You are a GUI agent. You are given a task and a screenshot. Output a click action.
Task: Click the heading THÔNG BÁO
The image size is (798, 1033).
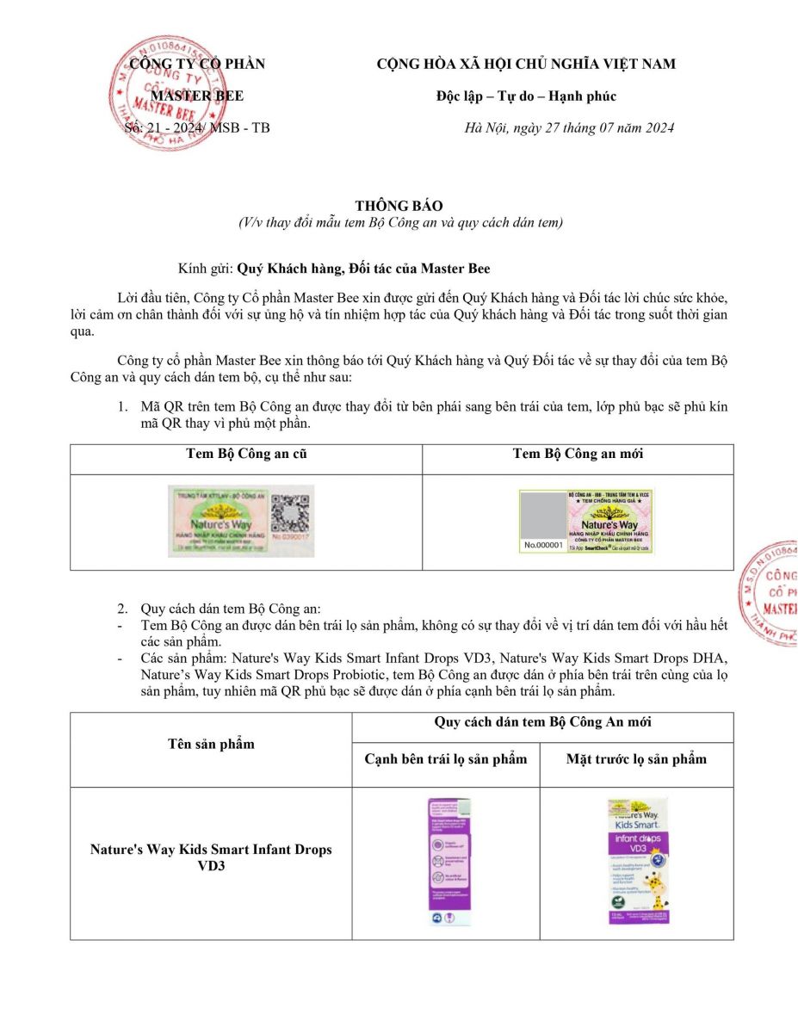click(399, 206)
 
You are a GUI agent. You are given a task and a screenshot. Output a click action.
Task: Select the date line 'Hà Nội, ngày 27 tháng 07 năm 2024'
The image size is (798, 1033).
click(568, 128)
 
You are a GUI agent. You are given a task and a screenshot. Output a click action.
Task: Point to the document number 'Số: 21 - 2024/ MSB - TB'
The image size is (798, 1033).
click(197, 128)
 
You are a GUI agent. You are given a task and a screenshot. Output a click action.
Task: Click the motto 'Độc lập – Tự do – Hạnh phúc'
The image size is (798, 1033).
click(526, 96)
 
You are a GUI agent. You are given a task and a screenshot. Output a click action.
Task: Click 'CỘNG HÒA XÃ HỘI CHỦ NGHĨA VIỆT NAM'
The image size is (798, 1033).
click(526, 64)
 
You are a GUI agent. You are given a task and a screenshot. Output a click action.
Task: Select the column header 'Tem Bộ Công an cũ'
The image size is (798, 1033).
click(246, 454)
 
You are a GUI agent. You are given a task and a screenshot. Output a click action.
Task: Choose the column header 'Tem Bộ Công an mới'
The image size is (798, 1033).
click(578, 454)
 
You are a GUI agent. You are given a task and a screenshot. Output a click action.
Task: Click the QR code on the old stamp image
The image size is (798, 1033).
click(288, 515)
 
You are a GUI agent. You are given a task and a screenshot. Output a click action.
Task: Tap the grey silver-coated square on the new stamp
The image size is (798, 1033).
click(542, 514)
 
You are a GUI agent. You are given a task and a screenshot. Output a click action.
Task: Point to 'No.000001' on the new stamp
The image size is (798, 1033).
click(543, 545)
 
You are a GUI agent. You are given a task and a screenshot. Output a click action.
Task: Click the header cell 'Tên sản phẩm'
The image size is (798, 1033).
click(211, 744)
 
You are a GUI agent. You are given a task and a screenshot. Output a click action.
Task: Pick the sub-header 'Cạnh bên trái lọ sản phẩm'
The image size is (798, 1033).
click(445, 758)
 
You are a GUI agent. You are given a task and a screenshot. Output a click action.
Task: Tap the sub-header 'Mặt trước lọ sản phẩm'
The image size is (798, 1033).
click(636, 758)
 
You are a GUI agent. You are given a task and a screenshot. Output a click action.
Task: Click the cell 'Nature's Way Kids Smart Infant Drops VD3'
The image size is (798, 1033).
click(211, 857)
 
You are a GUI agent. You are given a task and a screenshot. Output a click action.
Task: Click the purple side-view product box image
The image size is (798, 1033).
click(449, 862)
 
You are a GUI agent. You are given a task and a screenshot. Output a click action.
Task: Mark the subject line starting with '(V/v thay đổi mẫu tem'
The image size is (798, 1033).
click(400, 223)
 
